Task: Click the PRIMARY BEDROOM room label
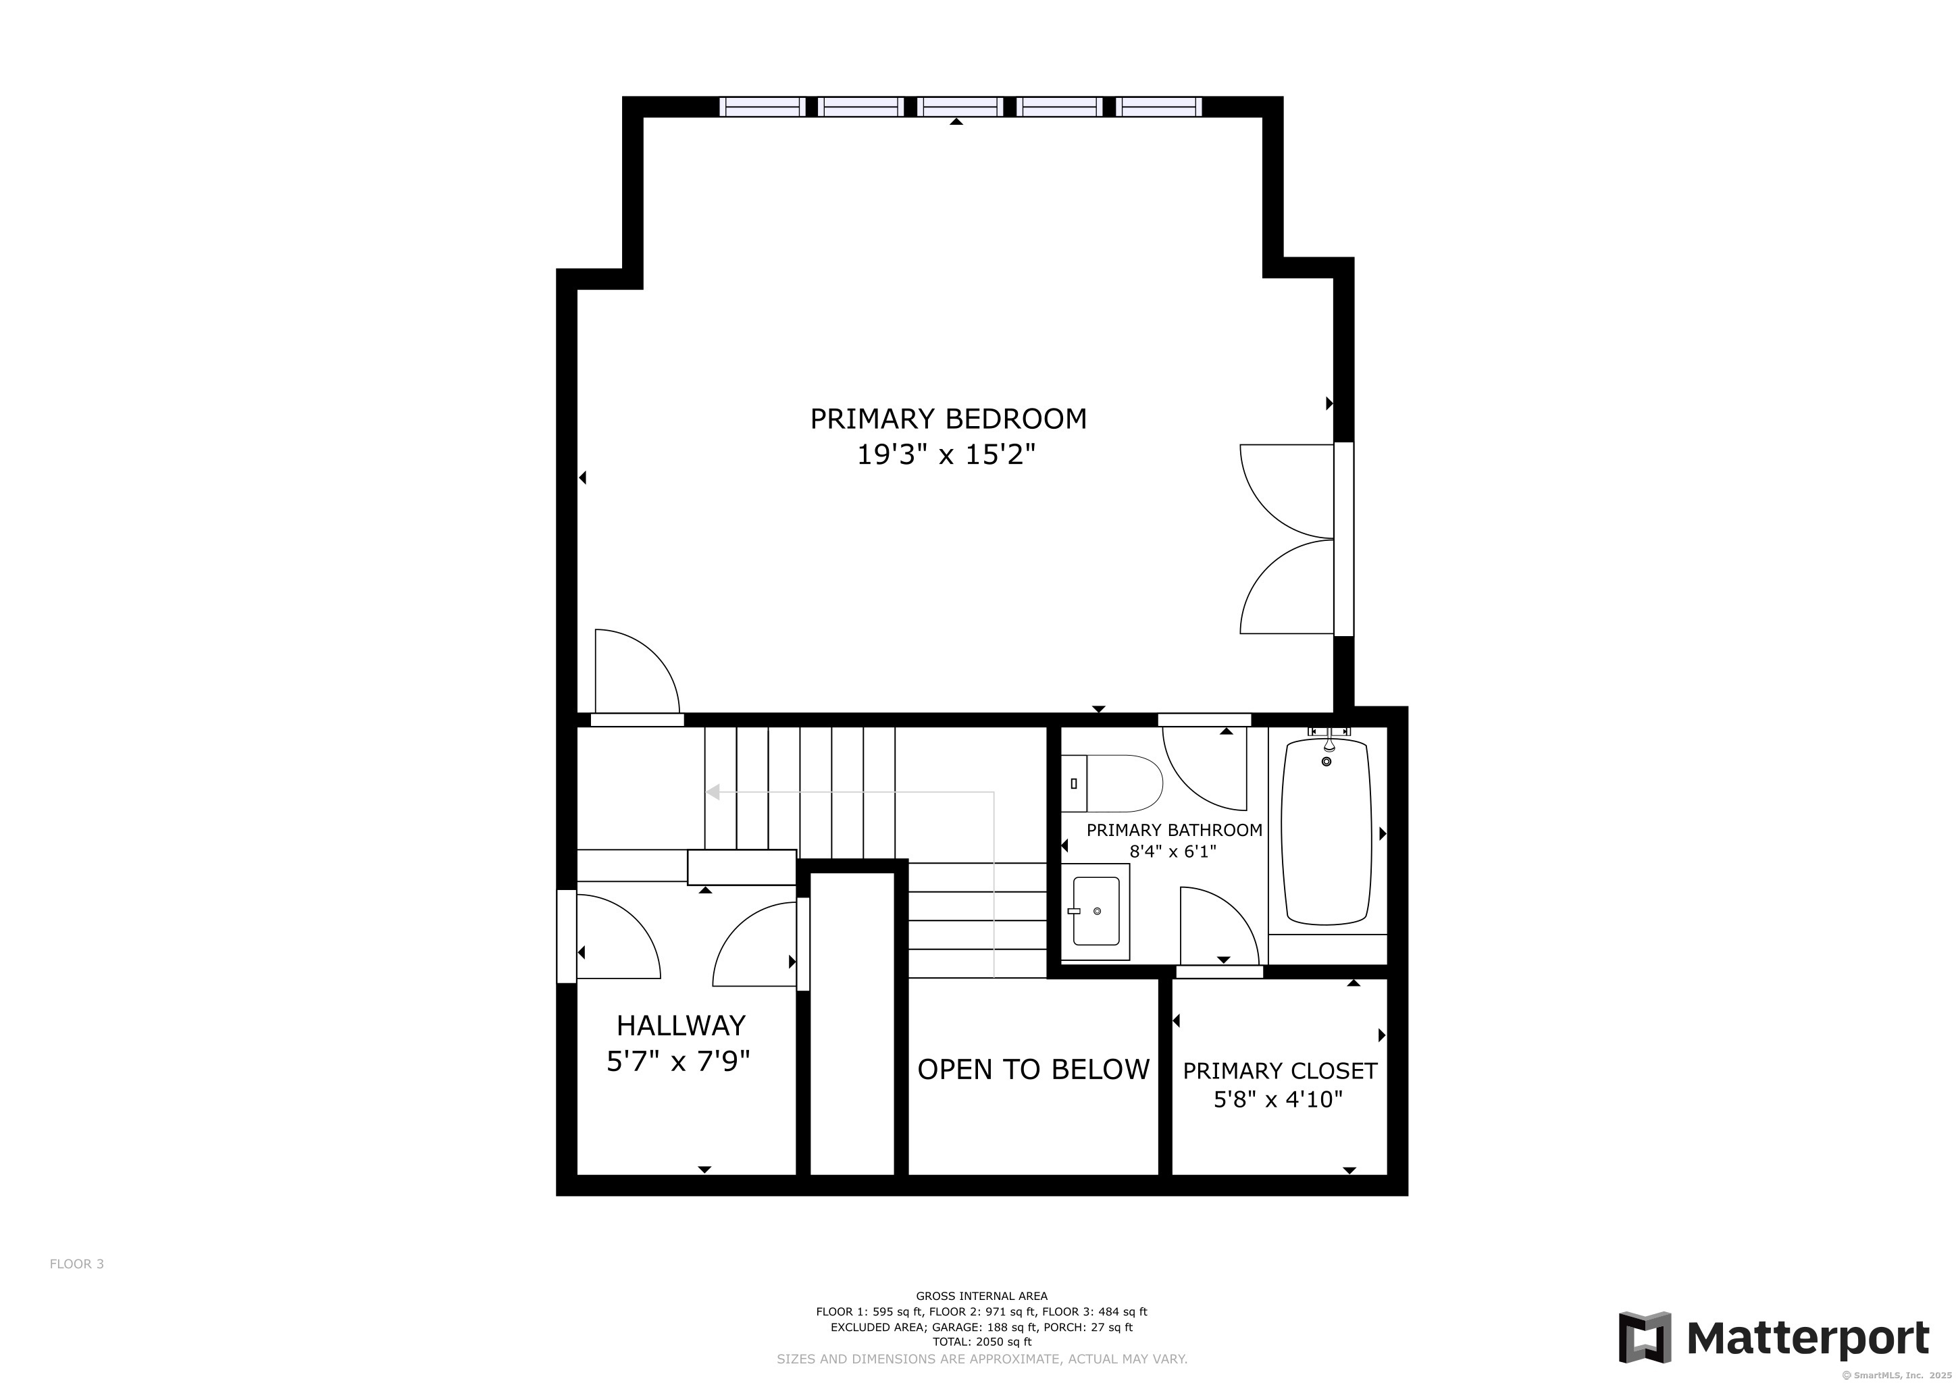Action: coord(948,419)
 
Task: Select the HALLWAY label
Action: coord(681,1025)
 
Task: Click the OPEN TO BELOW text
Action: coord(1033,1070)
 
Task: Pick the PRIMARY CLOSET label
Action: coord(1280,1071)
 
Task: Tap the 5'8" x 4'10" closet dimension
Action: coord(1278,1100)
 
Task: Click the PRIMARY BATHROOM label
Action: coord(1174,831)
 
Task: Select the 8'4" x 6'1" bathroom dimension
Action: coord(1173,852)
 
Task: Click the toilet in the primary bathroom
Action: coord(1112,783)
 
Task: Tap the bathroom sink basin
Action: coord(1096,911)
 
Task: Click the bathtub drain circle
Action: coord(1327,761)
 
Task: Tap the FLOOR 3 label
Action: coord(77,1263)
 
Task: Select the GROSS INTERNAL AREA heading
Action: coord(981,1296)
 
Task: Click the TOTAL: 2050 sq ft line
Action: coord(981,1341)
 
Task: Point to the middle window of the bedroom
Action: coord(960,107)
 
